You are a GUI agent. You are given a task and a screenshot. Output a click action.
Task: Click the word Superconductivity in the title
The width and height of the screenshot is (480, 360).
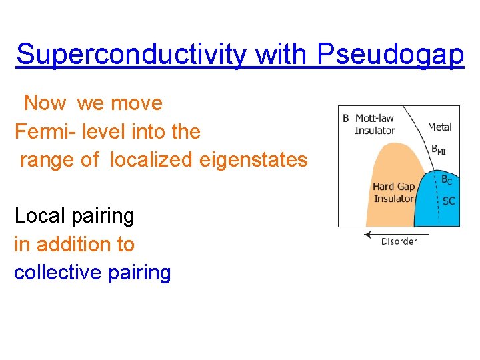tap(131, 55)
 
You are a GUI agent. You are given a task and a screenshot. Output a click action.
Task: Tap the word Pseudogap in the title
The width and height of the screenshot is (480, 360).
tap(391, 55)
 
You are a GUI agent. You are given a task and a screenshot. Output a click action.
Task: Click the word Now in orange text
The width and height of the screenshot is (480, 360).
tap(45, 103)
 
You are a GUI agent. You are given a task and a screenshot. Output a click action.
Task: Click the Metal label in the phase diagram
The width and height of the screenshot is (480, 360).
tap(440, 127)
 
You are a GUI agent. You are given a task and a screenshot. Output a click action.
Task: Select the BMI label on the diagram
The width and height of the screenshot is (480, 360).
tap(438, 151)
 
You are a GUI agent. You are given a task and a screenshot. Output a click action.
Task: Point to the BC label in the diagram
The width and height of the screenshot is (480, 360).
tap(447, 179)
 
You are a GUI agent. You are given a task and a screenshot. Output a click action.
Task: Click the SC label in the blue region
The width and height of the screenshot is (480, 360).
tap(448, 201)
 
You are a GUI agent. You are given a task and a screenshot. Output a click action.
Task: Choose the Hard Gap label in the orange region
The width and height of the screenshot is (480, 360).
tap(393, 187)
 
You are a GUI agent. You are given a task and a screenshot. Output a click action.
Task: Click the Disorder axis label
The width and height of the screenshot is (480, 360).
tap(399, 241)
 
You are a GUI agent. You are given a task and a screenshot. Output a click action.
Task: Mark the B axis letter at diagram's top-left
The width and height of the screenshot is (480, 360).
tap(345, 119)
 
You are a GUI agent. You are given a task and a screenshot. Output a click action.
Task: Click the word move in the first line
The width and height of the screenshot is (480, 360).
tap(137, 103)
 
